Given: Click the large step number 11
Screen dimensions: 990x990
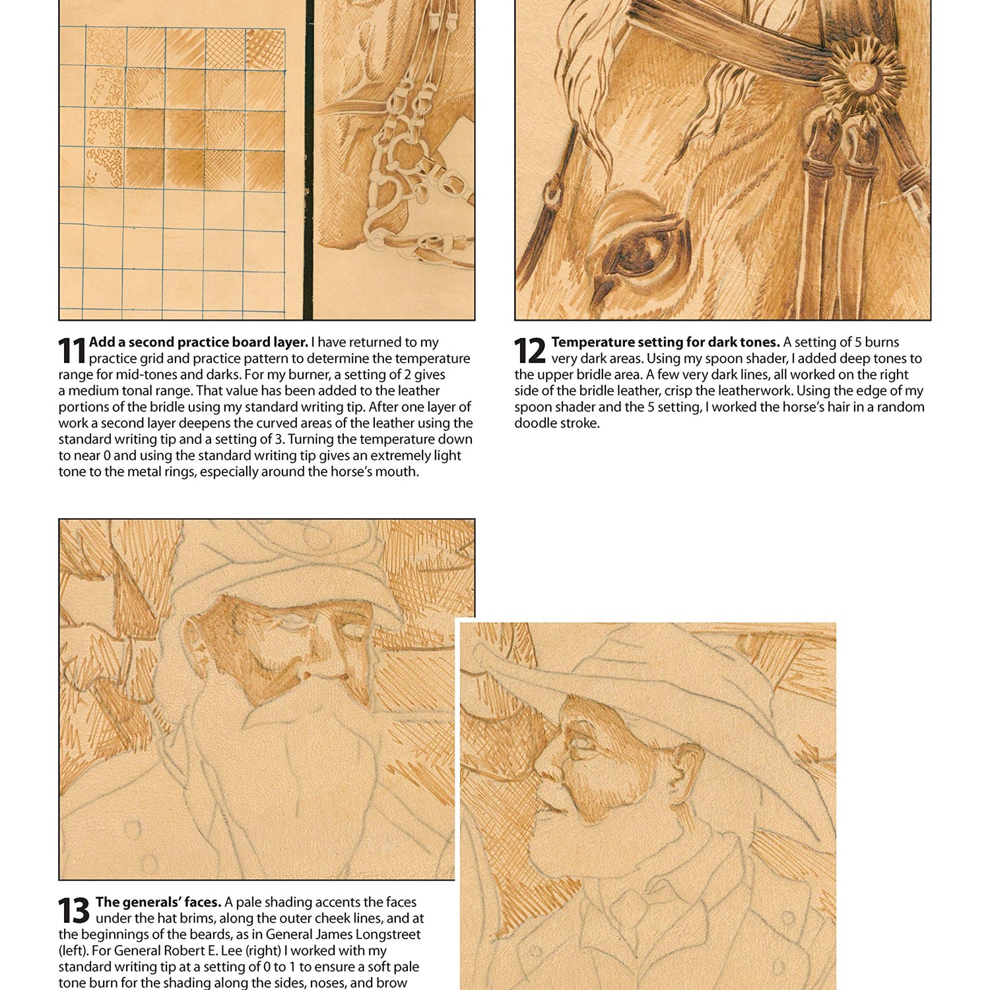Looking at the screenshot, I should (72, 350).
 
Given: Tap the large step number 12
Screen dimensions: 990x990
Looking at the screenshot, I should (529, 350).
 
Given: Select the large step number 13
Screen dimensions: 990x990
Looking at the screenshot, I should (73, 911).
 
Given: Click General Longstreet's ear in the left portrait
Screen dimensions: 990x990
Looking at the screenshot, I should (193, 639).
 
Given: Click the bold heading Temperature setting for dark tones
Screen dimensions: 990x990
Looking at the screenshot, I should (665, 342).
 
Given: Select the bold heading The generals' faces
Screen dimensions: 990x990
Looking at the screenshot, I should (158, 902).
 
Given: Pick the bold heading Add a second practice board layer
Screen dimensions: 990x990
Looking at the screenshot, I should (198, 342).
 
